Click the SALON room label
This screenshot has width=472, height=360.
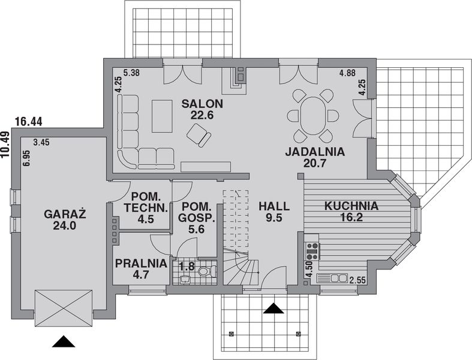coord(202,104)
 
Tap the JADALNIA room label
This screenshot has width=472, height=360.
coord(315,152)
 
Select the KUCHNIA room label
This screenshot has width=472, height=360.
coord(351,206)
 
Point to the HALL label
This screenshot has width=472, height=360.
coord(274,206)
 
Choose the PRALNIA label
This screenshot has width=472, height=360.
coord(141,262)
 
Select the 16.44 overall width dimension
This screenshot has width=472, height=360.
coord(28,122)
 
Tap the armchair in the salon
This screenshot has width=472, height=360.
coord(199,137)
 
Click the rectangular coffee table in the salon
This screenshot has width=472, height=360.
coord(162,116)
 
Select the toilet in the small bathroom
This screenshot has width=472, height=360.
coord(205,272)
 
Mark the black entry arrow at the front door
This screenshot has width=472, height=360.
coord(274,308)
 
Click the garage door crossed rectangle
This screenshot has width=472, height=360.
coord(64,308)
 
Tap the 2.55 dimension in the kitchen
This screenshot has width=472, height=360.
coord(358,280)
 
